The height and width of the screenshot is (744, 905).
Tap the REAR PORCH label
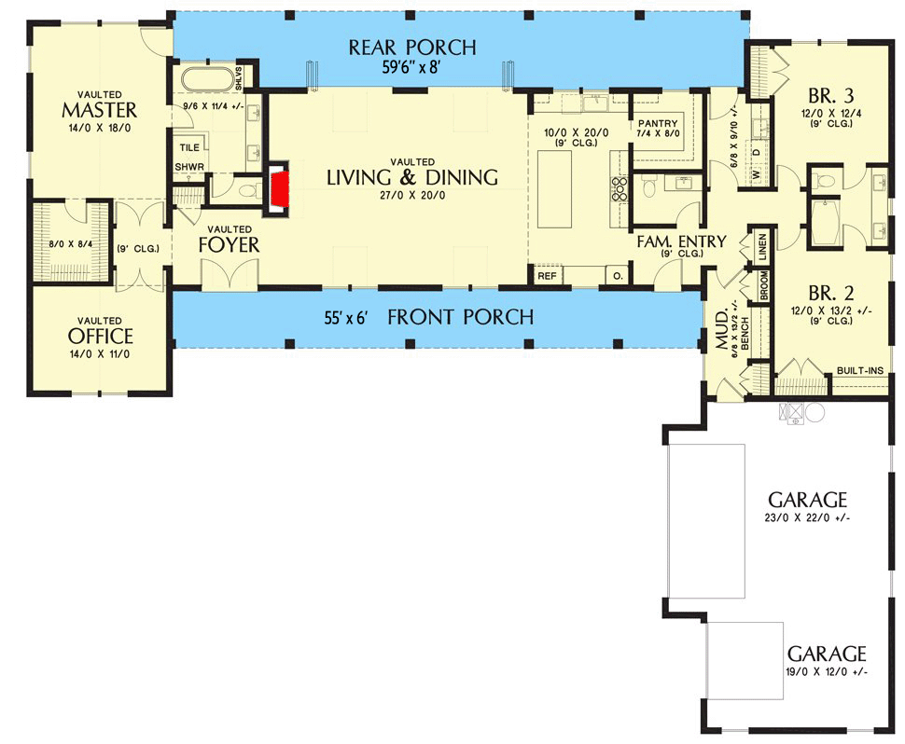point(412,48)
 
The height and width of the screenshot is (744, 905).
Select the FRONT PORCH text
point(460,317)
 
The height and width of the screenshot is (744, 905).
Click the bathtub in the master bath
point(206,77)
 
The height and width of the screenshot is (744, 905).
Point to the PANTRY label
point(658,124)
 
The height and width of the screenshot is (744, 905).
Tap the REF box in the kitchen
point(546,277)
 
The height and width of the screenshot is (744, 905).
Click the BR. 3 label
point(832,94)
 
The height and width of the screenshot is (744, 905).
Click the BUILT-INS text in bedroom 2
point(859,370)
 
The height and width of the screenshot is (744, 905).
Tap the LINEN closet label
point(762,246)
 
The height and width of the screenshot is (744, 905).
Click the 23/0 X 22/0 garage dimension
point(806,517)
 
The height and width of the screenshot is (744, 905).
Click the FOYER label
point(229,245)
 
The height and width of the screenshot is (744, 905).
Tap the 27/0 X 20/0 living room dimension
point(411,197)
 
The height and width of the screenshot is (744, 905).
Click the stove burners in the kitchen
point(619,189)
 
